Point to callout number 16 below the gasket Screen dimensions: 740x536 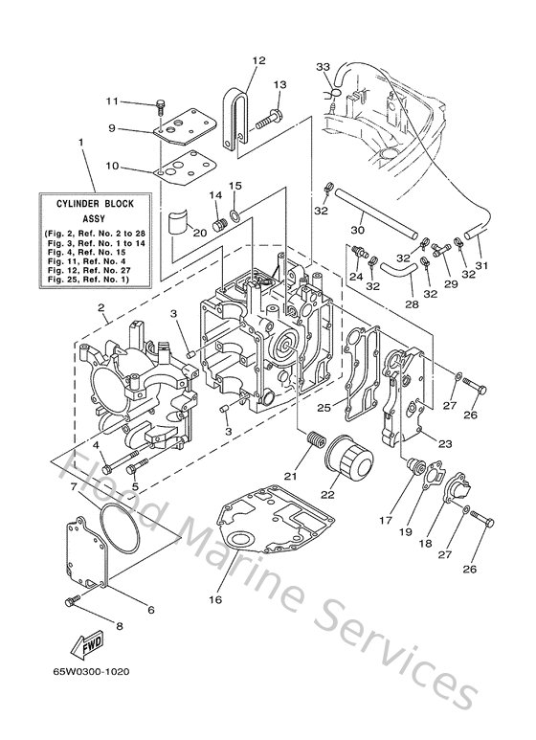(x=214, y=599)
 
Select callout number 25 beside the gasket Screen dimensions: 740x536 (x=324, y=409)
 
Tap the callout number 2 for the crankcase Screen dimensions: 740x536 (x=100, y=307)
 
